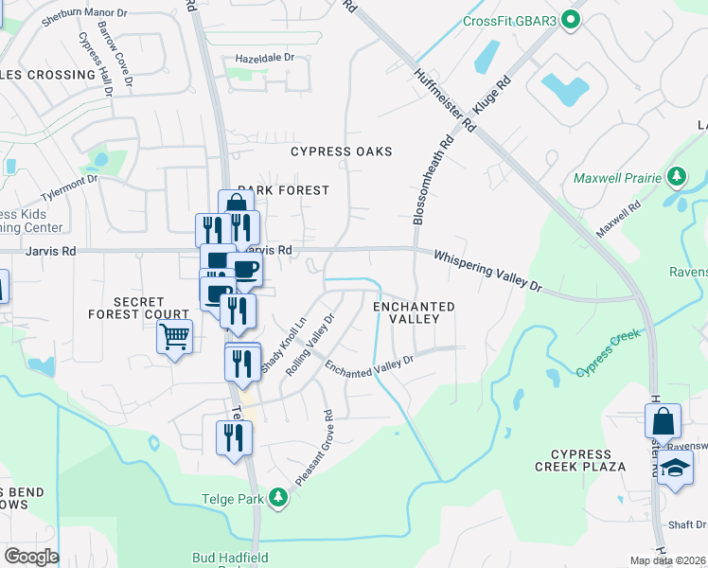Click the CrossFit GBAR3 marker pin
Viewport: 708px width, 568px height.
570,20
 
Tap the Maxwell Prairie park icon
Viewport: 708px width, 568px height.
676,177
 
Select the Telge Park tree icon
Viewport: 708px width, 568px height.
277,496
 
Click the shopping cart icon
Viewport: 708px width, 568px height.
175,336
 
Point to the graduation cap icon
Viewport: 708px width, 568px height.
675,469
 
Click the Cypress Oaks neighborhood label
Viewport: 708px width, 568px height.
341,151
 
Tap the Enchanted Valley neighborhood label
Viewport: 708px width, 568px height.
414,313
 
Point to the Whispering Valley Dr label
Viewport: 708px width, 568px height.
487,271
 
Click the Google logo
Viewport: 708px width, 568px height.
30,556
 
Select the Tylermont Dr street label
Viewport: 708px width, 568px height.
66,178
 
